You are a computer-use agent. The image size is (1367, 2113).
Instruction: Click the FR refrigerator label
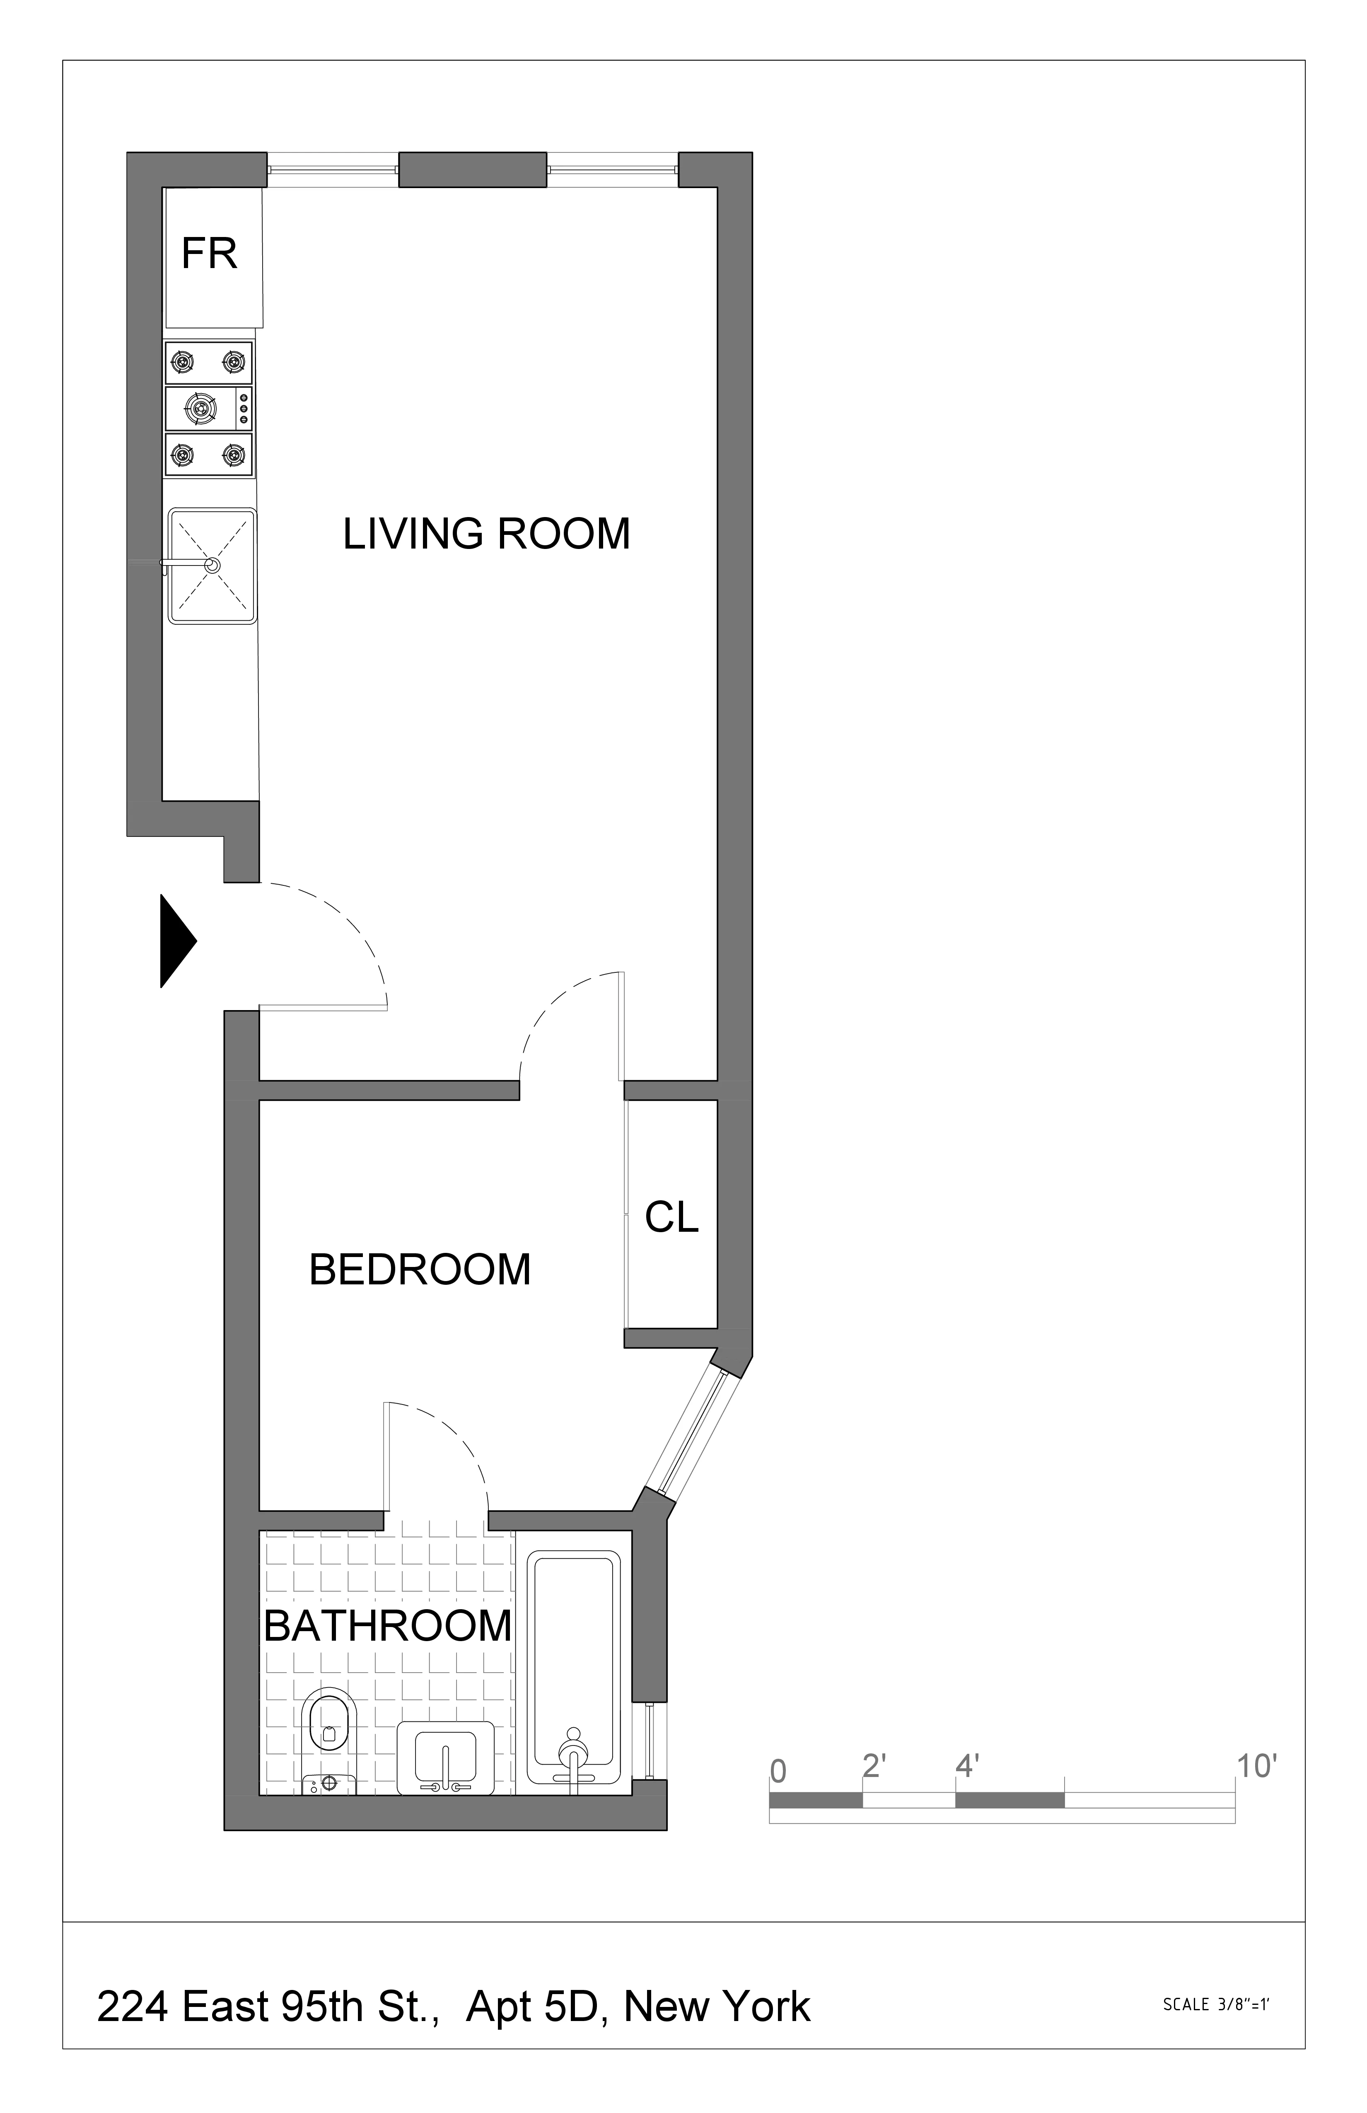[x=210, y=254]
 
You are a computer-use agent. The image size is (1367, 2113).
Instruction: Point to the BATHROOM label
[x=388, y=1627]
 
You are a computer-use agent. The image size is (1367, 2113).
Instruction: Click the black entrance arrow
[x=176, y=941]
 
